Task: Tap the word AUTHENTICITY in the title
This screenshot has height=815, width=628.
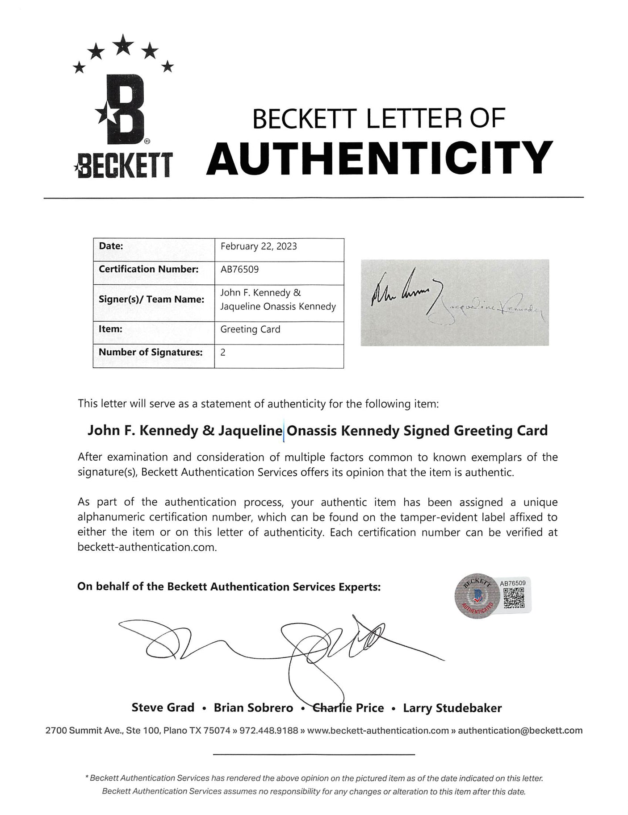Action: click(x=379, y=158)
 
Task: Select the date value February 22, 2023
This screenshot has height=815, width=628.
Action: click(x=259, y=246)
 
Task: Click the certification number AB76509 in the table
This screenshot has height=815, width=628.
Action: click(x=239, y=269)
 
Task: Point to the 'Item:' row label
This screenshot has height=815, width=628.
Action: click(x=110, y=329)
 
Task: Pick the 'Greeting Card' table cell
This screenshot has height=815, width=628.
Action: click(x=250, y=329)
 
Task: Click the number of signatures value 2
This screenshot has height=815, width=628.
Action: click(x=223, y=352)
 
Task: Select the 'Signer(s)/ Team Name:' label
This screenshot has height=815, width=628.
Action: click(x=151, y=299)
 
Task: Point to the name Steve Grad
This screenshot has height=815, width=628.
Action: click(x=163, y=708)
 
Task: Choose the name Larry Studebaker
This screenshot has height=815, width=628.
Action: click(x=452, y=708)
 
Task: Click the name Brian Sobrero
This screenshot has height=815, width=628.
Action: click(x=253, y=708)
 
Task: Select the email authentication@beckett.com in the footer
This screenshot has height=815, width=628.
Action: click(x=520, y=731)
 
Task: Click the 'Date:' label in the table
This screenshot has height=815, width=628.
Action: click(x=111, y=246)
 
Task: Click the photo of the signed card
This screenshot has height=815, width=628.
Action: click(x=455, y=302)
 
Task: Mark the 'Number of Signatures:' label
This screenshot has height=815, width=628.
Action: click(x=151, y=352)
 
